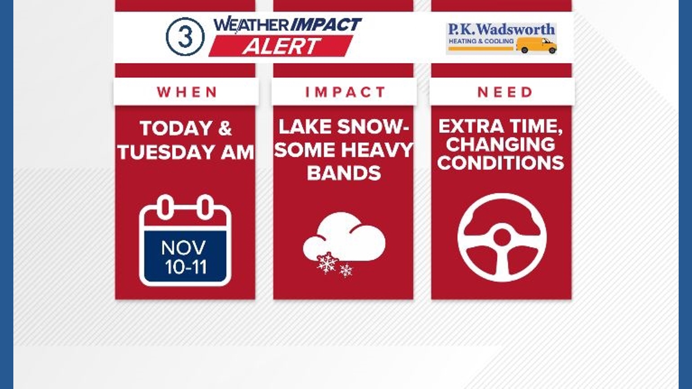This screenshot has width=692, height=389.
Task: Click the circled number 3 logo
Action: pos(185,37)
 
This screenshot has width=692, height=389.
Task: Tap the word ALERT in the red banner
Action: pos(280,46)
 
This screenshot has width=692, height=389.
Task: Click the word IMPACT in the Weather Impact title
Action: pos(325,25)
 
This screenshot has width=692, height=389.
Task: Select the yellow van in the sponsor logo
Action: pos(536,44)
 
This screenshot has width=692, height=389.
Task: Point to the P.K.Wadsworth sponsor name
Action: pos(501,29)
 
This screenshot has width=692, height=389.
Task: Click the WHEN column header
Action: pos(187,92)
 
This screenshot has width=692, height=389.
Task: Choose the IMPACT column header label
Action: pos(345,92)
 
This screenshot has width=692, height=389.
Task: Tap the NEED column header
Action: pos(504,92)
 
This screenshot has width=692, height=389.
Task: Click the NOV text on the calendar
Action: pos(183,248)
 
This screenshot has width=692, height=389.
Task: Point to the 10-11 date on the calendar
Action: pos(185,267)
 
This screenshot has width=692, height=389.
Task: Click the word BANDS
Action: pos(344,172)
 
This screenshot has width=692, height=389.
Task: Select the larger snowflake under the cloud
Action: pos(327,263)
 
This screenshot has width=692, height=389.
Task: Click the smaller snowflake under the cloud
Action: pos(346,271)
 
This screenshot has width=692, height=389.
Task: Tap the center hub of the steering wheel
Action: pos(502,237)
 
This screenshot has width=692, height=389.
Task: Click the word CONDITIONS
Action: pos(501,163)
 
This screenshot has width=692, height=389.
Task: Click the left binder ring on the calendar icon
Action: pos(164,207)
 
